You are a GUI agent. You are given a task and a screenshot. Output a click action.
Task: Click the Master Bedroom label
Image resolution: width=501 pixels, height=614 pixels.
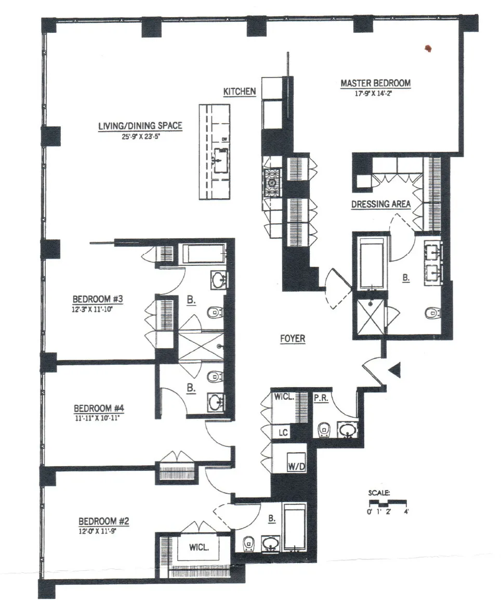coord(375,83)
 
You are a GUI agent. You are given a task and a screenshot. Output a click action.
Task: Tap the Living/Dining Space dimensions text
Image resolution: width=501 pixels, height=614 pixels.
coord(133,139)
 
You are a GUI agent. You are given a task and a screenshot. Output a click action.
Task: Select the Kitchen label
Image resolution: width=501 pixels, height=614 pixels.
coord(240,92)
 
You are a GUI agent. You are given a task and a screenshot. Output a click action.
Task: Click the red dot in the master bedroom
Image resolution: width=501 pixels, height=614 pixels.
coord(429,49)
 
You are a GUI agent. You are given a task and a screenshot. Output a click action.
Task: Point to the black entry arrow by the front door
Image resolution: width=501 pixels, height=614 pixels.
coord(394,370)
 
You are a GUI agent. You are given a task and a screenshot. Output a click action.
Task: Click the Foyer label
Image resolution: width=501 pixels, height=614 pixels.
coord(292,339)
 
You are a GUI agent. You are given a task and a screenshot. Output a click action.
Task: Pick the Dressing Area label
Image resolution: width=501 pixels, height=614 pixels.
coord(381,204)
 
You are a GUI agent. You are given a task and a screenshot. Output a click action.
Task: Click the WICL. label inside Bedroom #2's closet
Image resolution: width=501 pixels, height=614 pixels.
coord(200,547)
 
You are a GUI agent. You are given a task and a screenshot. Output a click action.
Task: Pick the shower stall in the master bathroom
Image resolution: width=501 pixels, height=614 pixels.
coord(369,317)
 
